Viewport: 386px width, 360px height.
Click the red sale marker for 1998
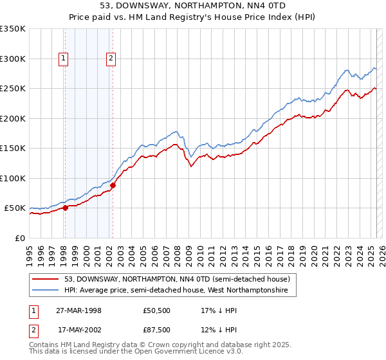65,208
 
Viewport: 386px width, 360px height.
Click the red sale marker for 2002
113,186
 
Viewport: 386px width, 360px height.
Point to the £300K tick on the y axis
13,59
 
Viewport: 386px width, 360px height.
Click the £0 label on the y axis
19,238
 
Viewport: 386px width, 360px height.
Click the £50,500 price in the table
158,310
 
